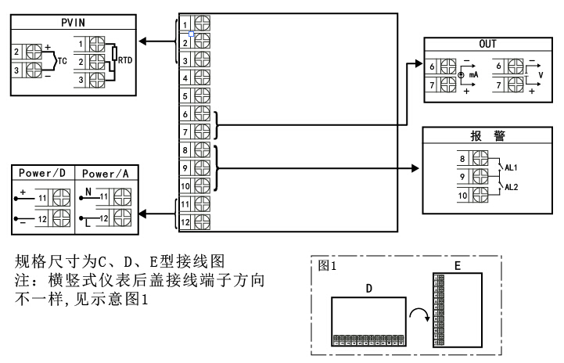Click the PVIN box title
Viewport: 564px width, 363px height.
[72, 24]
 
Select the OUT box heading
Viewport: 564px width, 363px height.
[487, 45]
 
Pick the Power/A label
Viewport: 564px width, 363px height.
[107, 174]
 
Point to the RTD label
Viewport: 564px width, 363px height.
[124, 59]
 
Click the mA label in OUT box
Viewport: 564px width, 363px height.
[473, 75]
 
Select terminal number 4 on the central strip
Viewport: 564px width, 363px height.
[185, 78]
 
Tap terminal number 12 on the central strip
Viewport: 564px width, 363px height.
[185, 222]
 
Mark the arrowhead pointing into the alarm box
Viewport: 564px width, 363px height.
[417, 167]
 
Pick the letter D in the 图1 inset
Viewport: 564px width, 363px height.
[368, 288]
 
